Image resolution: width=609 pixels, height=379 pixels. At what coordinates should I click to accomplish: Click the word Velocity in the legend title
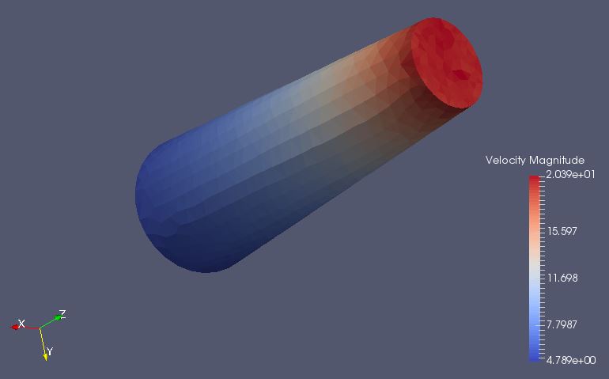click(505, 161)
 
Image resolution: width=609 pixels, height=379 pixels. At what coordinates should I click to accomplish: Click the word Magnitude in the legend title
click(557, 160)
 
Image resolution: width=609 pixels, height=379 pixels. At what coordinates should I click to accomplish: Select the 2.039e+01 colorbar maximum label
click(570, 174)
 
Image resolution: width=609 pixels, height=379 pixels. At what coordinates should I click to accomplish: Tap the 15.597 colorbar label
click(562, 231)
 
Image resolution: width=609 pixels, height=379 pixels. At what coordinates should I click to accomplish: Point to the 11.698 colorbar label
click(562, 278)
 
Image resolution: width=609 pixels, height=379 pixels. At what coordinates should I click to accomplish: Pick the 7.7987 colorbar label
click(562, 324)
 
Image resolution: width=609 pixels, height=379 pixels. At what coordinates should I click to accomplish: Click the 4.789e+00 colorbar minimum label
click(571, 360)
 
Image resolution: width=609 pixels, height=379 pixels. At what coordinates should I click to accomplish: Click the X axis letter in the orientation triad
click(22, 324)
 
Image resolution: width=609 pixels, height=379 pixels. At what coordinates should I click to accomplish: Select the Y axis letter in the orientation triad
click(49, 351)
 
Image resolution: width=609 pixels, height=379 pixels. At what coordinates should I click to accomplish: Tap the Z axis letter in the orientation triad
click(62, 314)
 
